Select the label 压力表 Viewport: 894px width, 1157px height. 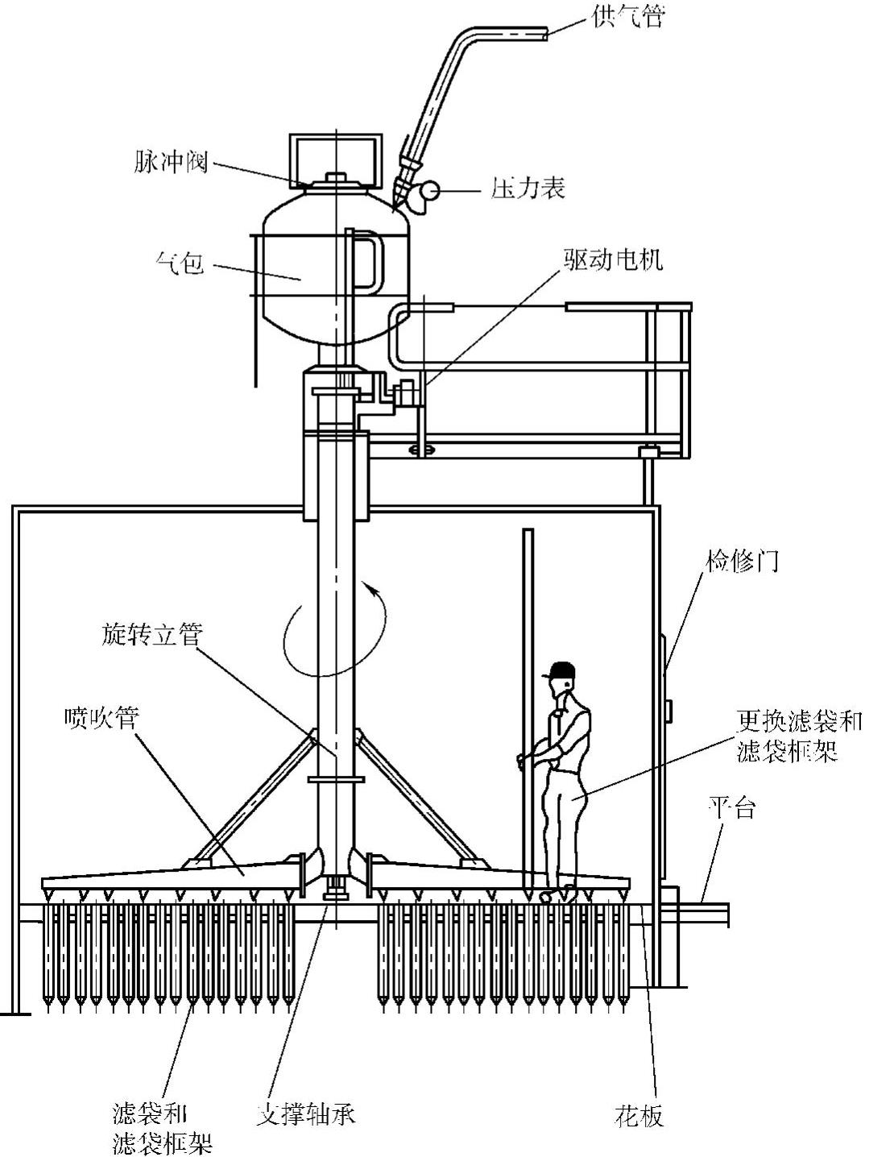(x=528, y=188)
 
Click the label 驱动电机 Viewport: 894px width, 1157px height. (x=613, y=259)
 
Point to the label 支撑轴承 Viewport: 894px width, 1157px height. (x=305, y=1114)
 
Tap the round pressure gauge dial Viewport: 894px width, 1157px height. (x=427, y=191)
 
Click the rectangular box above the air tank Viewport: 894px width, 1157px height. (x=333, y=156)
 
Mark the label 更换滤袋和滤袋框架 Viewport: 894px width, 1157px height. (x=799, y=736)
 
